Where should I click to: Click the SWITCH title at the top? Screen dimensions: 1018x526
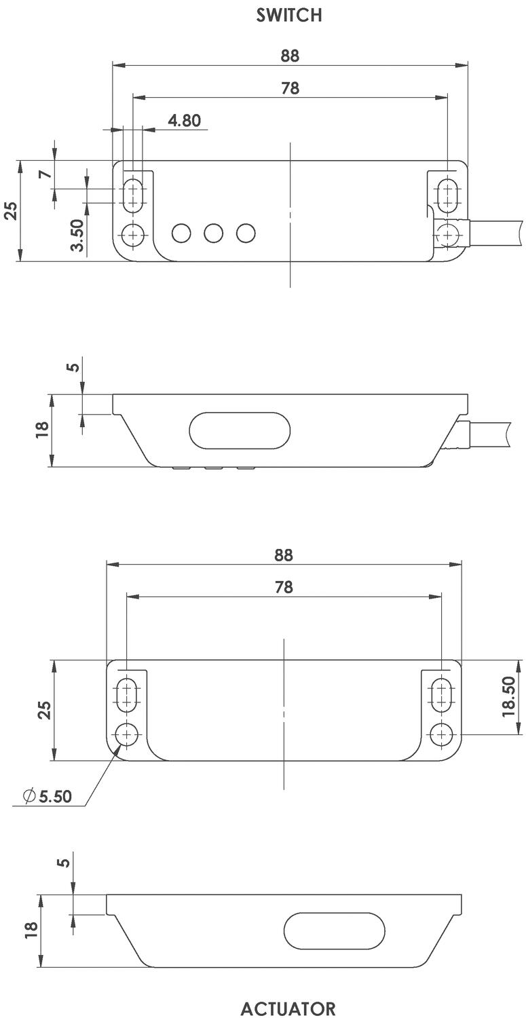coord(289,16)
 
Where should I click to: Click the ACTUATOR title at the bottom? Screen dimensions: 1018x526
coord(288,1008)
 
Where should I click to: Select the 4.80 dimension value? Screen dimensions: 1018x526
coord(184,121)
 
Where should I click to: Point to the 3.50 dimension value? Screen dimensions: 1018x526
coord(78,235)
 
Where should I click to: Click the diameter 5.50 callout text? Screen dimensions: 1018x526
coord(48,796)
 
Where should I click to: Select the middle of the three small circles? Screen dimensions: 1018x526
coord(214,233)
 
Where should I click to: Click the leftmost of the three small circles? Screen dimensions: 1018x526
coord(181,233)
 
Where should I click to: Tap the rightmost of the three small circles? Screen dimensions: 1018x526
coord(246,233)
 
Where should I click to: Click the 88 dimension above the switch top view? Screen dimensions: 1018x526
coord(290,56)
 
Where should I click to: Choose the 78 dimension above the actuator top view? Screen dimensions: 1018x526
coord(284,587)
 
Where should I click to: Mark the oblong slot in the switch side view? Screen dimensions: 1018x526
coord(240,430)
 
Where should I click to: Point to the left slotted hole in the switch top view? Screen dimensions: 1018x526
coord(133,195)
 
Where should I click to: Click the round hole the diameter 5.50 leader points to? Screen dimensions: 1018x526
coord(127,734)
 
